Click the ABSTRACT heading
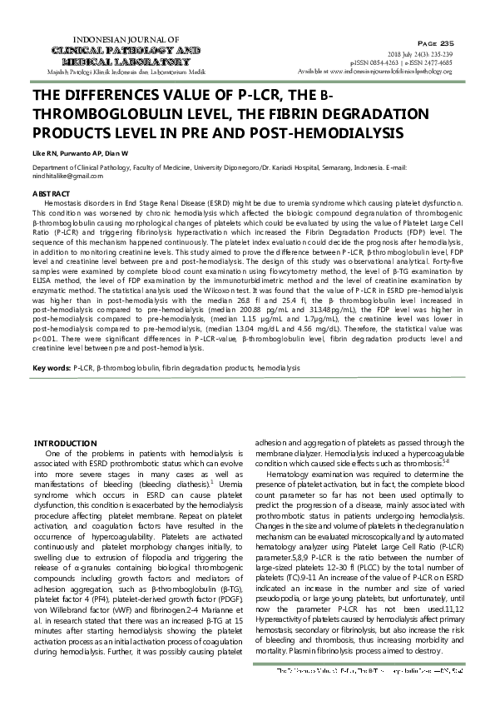tap(49, 193)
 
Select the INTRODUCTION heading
tap(62, 442)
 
